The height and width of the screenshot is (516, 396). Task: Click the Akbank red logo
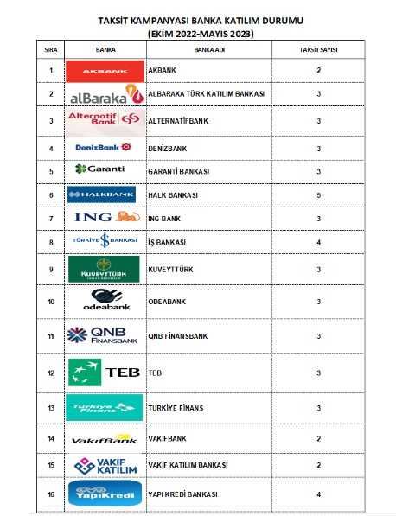(104, 70)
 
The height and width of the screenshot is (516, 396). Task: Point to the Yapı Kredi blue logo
(104, 494)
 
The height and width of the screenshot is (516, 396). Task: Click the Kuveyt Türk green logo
(104, 270)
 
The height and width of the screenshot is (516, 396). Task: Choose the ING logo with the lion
(104, 219)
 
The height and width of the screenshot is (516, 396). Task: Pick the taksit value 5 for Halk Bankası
(319, 195)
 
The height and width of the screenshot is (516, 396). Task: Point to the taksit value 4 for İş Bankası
(319, 242)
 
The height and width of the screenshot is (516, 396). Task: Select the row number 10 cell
(51, 302)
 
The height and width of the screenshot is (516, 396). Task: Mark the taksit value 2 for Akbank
(319, 70)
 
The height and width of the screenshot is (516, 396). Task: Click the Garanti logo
(103, 169)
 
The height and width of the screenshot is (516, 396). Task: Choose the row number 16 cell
(51, 494)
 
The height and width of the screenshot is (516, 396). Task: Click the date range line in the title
(201, 34)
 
